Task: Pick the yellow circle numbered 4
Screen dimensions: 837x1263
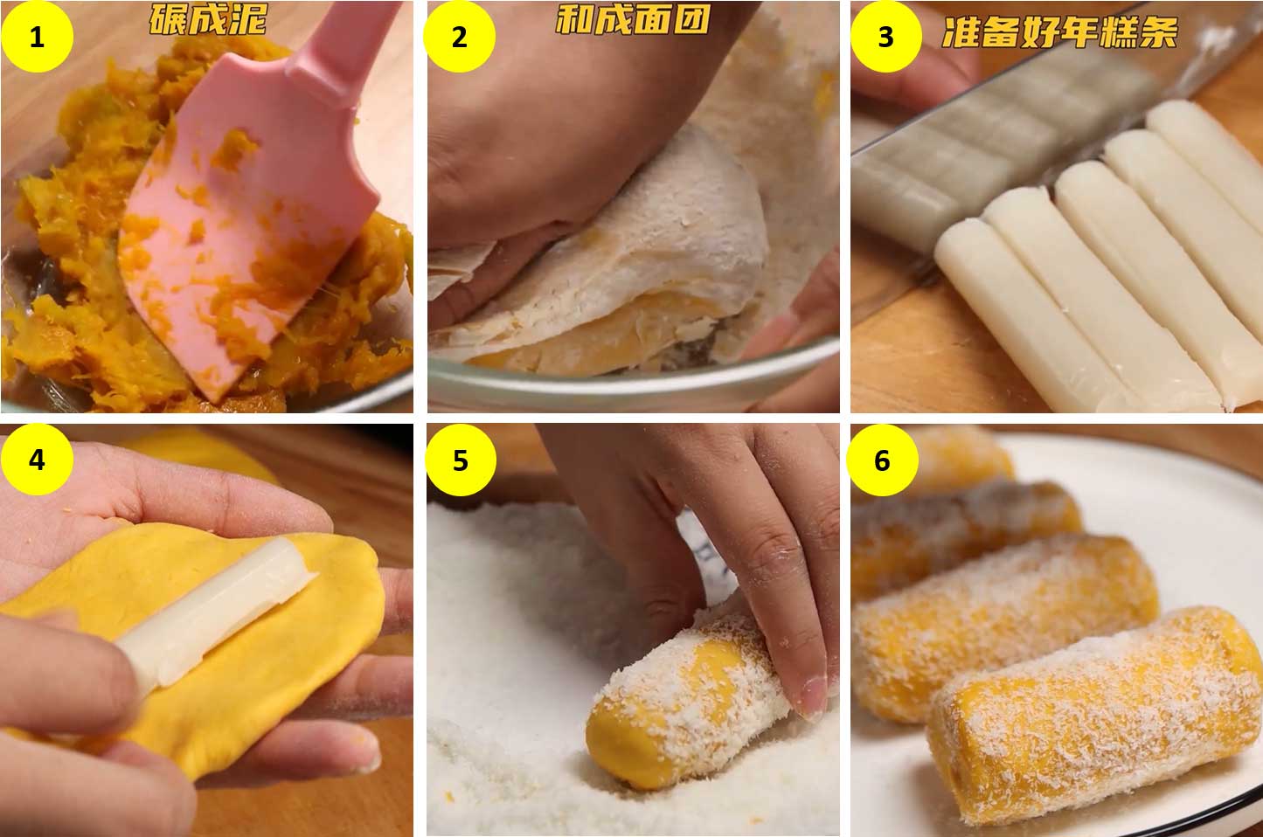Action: (x=37, y=460)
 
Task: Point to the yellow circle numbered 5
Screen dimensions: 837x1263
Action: (x=461, y=460)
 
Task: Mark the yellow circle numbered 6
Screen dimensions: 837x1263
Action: (x=883, y=460)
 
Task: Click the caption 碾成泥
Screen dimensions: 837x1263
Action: (x=208, y=20)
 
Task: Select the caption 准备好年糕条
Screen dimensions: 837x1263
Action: (x=1059, y=32)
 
